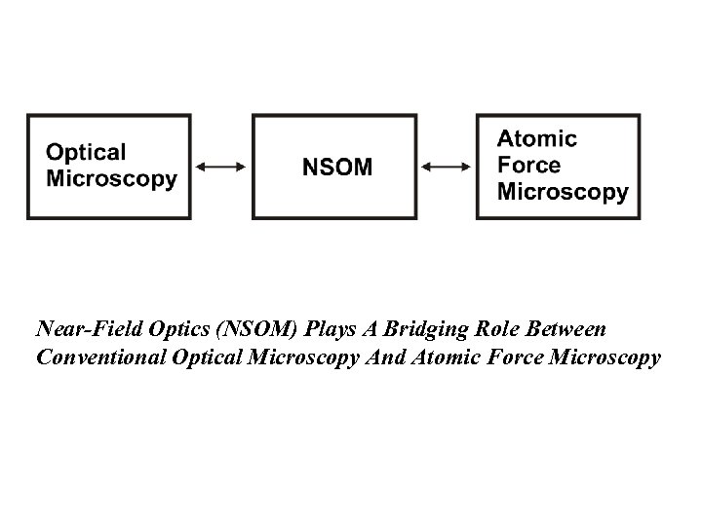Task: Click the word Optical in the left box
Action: [x=87, y=153]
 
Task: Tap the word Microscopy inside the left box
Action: [x=112, y=178]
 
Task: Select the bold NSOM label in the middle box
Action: [x=336, y=167]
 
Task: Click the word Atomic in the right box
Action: [x=537, y=139]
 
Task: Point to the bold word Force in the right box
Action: [x=529, y=166]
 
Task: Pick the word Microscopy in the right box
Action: [x=563, y=191]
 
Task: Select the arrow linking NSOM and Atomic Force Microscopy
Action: [x=447, y=167]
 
